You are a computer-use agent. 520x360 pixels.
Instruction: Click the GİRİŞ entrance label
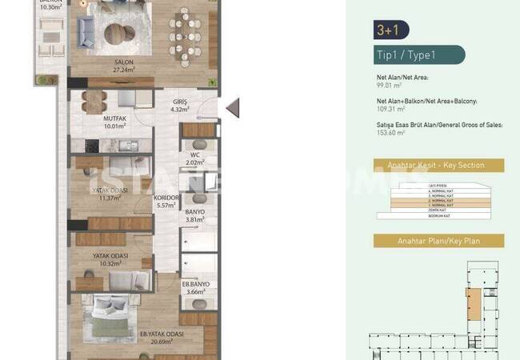[179, 103]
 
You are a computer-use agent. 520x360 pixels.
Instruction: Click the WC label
[194, 154]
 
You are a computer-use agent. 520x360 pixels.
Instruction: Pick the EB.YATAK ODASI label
[162, 334]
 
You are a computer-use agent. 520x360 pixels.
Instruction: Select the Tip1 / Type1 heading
[406, 55]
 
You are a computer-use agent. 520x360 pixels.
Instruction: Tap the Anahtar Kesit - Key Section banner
[439, 166]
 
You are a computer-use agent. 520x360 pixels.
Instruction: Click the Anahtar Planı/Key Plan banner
[438, 241]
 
